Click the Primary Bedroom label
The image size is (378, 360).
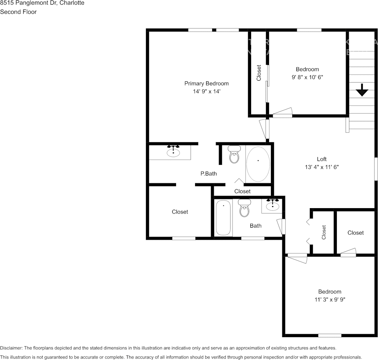click(207, 83)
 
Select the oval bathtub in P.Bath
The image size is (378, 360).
click(258, 164)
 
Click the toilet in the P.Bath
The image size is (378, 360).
click(234, 155)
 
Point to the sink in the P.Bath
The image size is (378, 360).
click(173, 152)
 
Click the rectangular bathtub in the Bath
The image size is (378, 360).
click(223, 218)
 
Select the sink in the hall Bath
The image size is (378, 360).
click(272, 206)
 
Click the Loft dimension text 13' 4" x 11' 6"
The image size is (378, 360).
click(322, 167)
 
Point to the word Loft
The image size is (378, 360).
click(322, 159)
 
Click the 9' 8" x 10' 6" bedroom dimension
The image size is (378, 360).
click(307, 77)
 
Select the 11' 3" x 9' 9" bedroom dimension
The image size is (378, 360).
click(330, 299)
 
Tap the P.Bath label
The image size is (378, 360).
click(208, 174)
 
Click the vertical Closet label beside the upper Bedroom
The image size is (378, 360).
click(259, 73)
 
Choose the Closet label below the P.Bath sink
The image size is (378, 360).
click(179, 212)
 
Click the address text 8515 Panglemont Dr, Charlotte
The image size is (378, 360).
click(42, 3)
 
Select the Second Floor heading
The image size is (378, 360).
click(18, 12)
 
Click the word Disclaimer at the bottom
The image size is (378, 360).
click(11, 348)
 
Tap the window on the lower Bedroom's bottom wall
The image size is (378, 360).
click(330, 335)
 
